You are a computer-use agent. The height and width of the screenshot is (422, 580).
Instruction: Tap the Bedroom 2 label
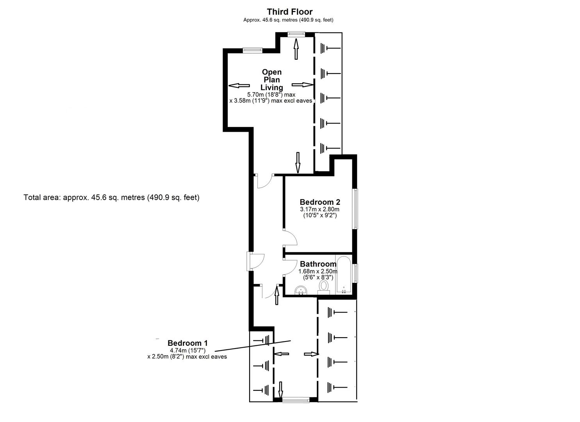(319, 202)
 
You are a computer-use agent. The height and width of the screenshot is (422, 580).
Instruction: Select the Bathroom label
(318, 264)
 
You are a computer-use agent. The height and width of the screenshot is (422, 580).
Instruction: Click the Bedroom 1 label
(187, 343)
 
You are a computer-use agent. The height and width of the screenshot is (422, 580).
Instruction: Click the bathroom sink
(301, 290)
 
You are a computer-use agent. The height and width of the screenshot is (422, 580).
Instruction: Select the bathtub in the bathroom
(344, 275)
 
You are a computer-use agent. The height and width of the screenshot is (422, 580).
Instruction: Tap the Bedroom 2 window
(355, 209)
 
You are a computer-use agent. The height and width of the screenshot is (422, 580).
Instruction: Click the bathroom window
(355, 273)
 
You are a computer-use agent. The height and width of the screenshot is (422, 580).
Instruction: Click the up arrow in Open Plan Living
(296, 49)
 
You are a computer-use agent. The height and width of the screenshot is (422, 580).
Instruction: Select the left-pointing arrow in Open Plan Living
(239, 86)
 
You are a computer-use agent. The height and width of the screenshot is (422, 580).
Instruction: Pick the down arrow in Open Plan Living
(298, 162)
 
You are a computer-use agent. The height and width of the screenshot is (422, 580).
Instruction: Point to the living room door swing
(264, 182)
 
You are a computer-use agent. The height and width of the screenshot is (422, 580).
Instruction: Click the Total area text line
(111, 197)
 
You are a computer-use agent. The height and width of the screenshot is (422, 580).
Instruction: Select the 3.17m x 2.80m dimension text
(319, 209)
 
